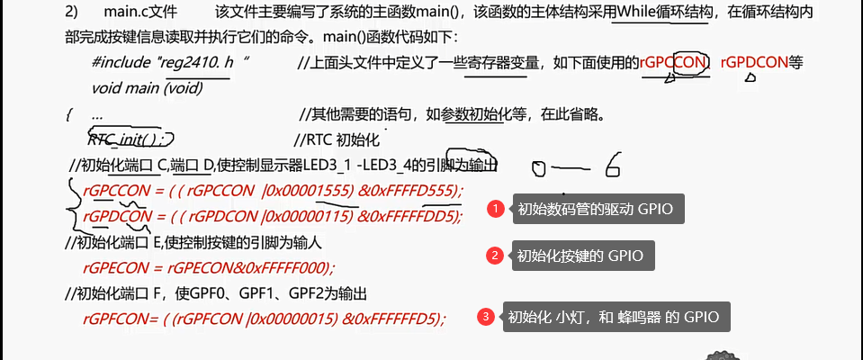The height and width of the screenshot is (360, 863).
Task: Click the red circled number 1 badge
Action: (x=494, y=210)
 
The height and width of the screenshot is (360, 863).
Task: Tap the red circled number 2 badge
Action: (x=494, y=256)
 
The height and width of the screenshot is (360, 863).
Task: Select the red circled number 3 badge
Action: (x=486, y=317)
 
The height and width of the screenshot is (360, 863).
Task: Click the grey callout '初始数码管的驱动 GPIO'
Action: (x=594, y=210)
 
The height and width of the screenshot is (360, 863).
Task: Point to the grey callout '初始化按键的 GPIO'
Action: (x=581, y=256)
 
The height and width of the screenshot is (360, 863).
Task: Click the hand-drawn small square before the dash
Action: (x=538, y=168)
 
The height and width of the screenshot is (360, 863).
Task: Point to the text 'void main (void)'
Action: (x=147, y=88)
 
